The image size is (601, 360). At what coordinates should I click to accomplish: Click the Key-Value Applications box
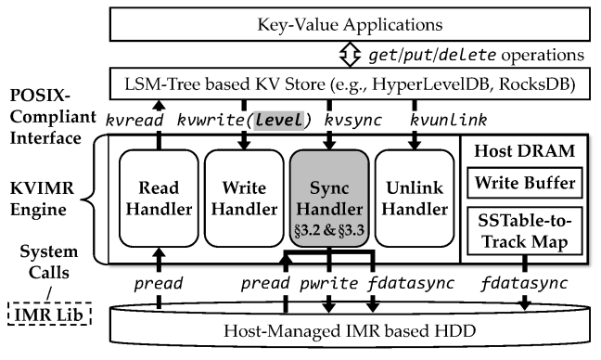coord(352,19)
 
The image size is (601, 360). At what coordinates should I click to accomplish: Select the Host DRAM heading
coord(525,148)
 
